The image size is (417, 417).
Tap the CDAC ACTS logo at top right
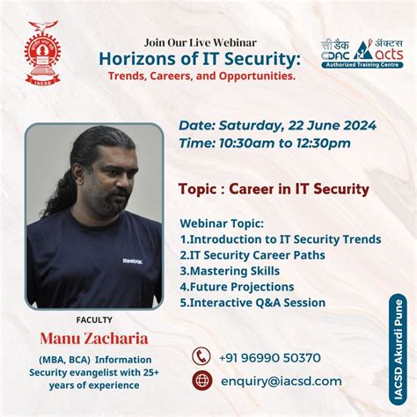360,52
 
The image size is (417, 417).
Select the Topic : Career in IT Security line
273,189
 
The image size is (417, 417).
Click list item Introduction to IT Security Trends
280,239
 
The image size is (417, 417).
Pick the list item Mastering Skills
230,271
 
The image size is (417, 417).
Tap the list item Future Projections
237,287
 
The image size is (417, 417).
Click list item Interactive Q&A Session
252,303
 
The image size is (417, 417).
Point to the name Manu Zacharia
94,337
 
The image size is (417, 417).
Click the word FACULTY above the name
94,320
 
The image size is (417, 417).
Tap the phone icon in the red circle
202,356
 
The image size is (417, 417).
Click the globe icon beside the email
202,381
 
